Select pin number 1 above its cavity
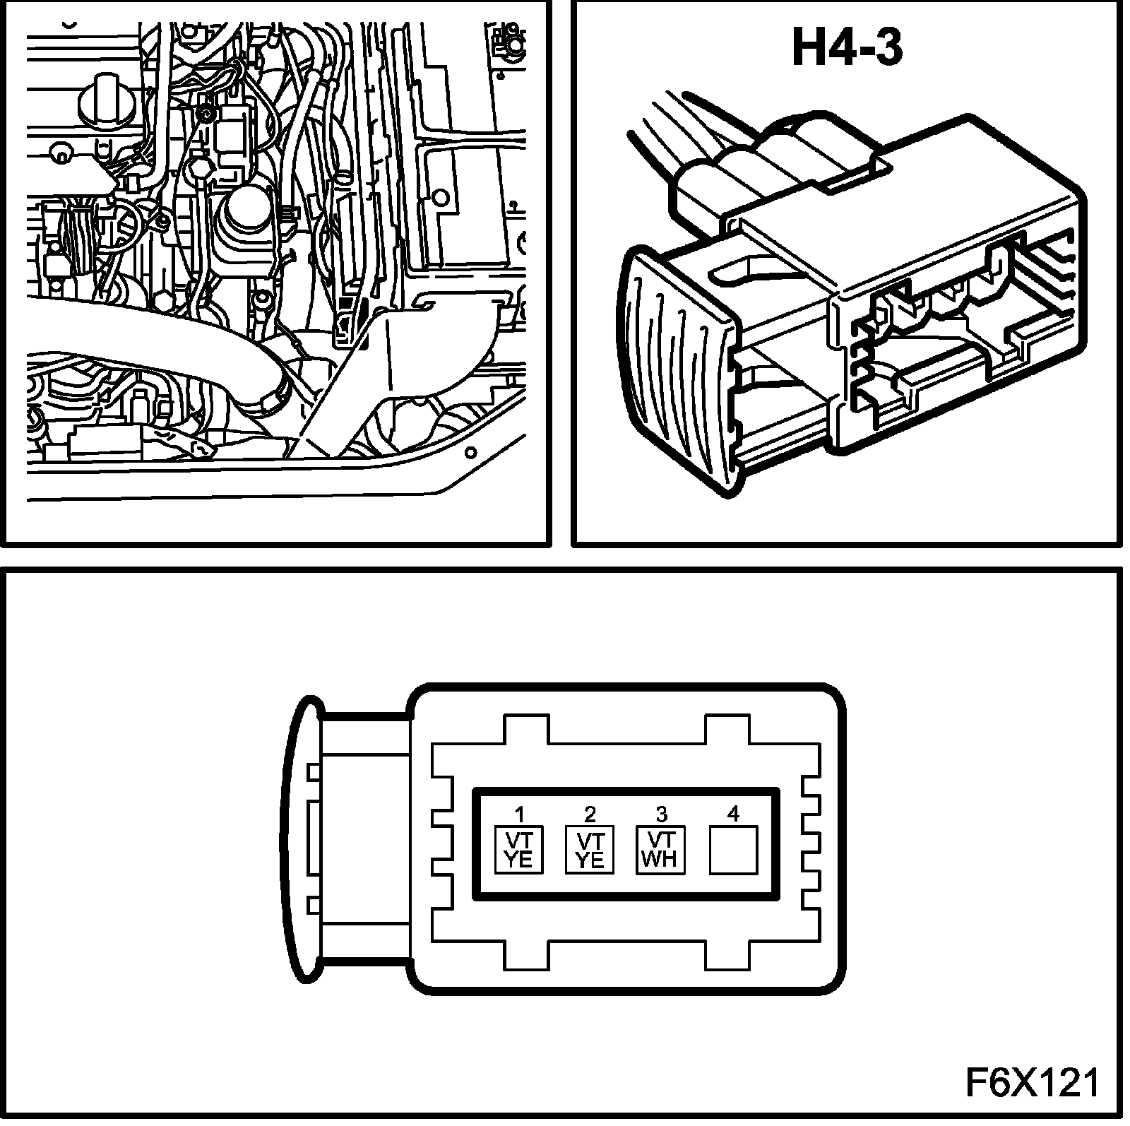tap(520, 814)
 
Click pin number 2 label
tap(590, 814)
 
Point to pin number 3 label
tap(661, 814)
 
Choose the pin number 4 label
tap(733, 814)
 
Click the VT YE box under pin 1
tap(519, 850)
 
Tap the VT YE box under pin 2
tap(590, 850)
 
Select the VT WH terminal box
tap(661, 850)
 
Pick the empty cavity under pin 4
tap(733, 850)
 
